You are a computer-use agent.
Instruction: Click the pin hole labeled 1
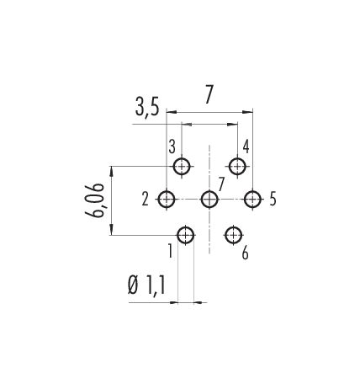pos(186,235)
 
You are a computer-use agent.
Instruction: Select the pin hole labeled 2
pos(167,200)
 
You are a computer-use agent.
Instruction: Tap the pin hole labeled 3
pos(182,167)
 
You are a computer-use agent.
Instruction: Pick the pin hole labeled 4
pos(237,166)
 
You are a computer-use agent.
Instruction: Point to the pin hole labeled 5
pos(252,200)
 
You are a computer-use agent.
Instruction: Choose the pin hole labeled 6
pos(234,235)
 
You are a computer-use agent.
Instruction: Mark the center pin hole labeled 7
pos(209,200)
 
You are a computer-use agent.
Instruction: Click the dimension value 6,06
pos(95,200)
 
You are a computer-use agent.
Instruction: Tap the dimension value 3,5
pos(147,107)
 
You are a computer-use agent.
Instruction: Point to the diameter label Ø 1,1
pos(146,285)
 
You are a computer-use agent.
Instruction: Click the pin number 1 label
pos(170,251)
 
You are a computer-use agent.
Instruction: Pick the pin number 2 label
pos(145,200)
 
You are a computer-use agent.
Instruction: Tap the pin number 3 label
pos(172,147)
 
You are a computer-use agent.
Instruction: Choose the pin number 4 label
pos(246,147)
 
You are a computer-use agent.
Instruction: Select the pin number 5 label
pos(273,199)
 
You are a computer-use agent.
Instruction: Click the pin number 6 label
pos(245,253)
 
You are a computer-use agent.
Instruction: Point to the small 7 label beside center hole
pos(221,184)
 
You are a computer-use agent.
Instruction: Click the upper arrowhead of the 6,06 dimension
pos(112,171)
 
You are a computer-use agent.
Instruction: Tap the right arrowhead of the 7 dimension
pos(247,112)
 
